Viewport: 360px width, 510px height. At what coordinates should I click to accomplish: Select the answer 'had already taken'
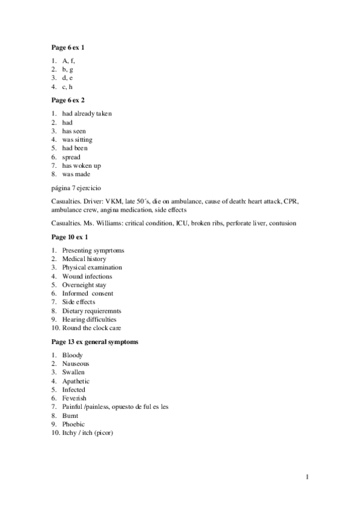point(87,113)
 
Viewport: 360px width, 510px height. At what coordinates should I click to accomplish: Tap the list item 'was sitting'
point(77,140)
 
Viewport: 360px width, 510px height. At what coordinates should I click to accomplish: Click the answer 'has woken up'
point(81,165)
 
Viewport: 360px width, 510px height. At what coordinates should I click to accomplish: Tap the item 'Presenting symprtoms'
point(93,250)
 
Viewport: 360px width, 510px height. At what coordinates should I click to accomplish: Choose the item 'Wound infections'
point(87,276)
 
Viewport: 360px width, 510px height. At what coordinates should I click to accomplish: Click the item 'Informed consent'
point(88,293)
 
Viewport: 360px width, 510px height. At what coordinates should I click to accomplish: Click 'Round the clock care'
point(91,328)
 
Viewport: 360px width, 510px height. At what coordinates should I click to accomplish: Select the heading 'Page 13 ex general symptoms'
point(95,342)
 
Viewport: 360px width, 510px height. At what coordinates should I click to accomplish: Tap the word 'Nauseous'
point(76,364)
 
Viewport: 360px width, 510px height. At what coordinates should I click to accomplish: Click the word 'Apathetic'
point(76,381)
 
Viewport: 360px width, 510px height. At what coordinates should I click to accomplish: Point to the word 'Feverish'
point(74,398)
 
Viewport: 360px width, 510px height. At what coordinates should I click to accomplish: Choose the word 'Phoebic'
point(73,424)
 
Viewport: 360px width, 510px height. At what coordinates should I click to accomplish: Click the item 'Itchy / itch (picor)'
point(88,432)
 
